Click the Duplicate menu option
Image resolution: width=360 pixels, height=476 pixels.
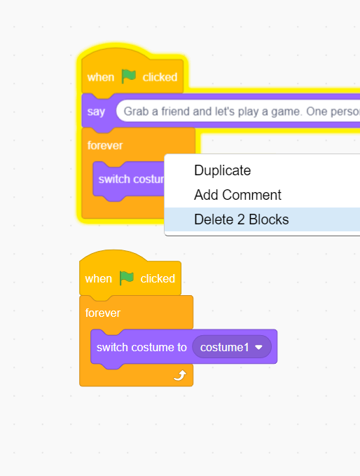222,170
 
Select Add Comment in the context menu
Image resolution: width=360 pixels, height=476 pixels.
237,195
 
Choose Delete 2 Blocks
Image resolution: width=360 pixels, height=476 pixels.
242,219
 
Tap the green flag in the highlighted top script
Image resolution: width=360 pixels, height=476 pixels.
129,76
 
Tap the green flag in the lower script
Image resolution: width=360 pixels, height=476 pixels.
127,278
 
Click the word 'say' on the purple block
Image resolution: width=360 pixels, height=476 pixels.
96,111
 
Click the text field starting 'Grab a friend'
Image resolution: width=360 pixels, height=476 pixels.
238,111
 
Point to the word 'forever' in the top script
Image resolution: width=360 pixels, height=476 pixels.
105,145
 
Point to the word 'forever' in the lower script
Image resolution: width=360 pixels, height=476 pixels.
103,313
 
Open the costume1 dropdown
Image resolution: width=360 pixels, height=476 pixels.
232,347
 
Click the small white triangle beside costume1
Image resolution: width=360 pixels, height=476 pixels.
258,347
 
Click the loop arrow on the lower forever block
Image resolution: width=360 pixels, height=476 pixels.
179,376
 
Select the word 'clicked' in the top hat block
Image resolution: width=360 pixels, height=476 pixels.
160,77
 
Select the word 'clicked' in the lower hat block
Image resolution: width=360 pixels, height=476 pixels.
158,279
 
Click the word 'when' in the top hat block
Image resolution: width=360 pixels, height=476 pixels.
101,77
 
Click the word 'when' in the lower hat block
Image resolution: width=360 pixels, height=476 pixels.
99,279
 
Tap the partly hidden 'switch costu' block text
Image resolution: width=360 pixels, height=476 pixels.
131,179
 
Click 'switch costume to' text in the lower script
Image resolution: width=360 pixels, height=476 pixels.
141,347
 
